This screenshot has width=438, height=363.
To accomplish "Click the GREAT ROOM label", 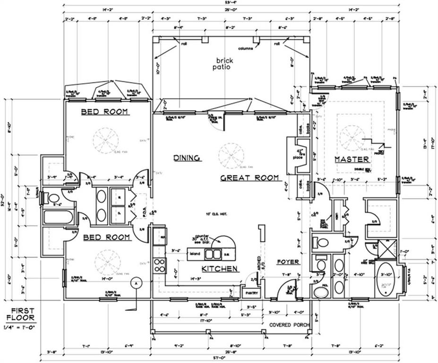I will (x=250, y=178).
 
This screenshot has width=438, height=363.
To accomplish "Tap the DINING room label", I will (x=187, y=158).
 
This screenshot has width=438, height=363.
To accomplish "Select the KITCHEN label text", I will (x=219, y=268).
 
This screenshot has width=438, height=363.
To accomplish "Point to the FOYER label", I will (x=288, y=261).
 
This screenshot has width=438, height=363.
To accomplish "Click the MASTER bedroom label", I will (x=352, y=160).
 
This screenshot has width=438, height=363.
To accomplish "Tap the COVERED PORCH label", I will (x=289, y=325).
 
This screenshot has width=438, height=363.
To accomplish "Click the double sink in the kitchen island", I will (x=213, y=254).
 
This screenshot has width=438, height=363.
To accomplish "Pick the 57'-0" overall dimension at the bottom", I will (x=231, y=358).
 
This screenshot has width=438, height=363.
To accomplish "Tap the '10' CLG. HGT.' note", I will (x=216, y=214).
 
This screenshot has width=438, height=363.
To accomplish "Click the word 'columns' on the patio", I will (x=245, y=48).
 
